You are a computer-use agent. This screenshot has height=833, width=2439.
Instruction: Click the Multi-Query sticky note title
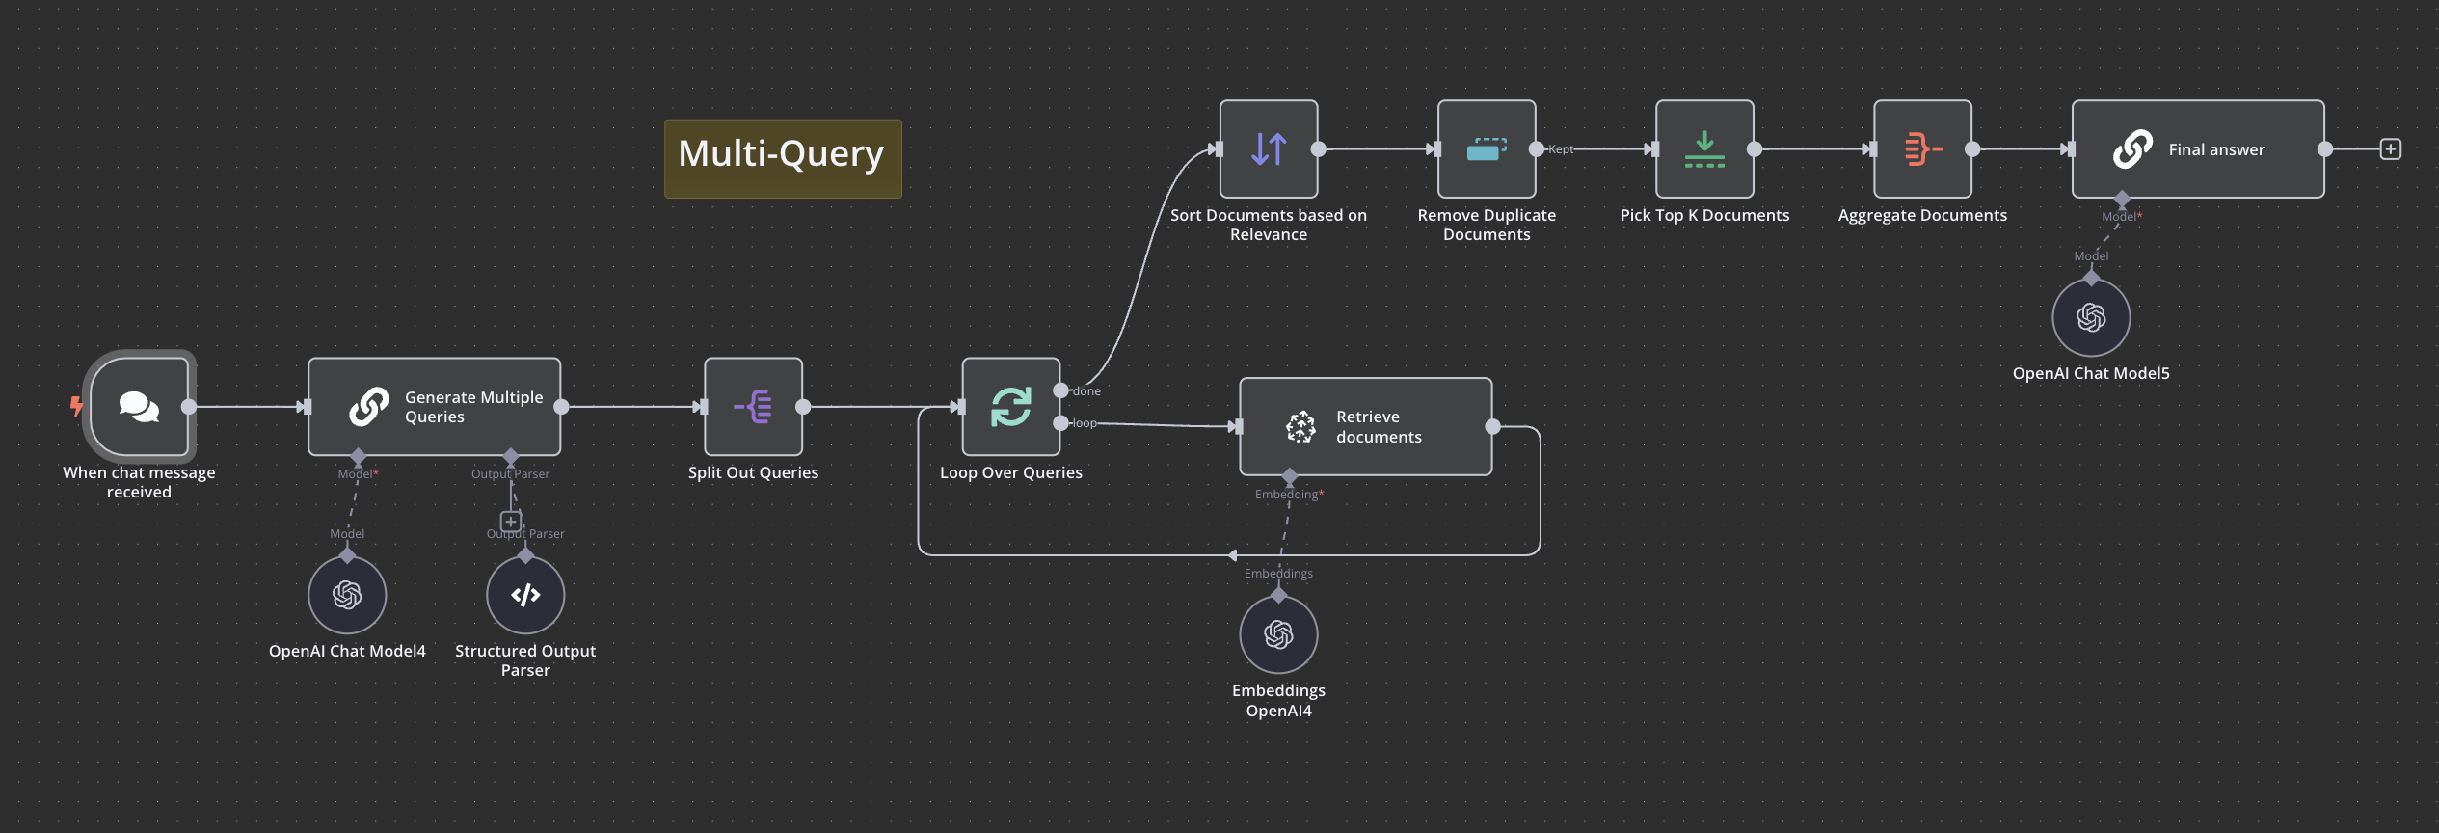click(781, 154)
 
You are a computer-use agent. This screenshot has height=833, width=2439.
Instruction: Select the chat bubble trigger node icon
click(140, 406)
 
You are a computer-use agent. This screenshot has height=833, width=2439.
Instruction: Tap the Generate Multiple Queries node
click(434, 407)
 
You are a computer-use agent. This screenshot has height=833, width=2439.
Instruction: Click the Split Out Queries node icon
click(753, 406)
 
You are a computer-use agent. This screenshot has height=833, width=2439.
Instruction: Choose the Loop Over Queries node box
click(1010, 406)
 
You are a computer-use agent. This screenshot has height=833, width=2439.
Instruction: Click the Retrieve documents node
click(1365, 426)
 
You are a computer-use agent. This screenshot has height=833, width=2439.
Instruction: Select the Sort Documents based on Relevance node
click(1268, 149)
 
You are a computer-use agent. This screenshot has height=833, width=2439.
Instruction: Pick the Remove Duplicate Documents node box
click(1486, 149)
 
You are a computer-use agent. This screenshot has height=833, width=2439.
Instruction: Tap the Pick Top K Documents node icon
click(1703, 149)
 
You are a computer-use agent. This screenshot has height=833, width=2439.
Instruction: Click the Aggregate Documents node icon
click(1921, 149)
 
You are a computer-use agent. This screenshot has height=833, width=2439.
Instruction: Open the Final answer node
click(2197, 149)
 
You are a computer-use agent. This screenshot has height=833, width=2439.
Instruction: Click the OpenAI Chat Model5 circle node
click(2090, 317)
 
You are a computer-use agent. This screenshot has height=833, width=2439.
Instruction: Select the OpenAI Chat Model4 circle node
click(347, 595)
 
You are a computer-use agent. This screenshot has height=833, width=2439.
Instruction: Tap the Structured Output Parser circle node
click(525, 595)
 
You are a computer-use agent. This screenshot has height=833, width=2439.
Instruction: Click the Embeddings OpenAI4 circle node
click(1278, 634)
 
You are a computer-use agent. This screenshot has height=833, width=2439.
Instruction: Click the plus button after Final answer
click(2390, 149)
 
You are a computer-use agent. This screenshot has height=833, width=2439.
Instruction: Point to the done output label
click(1086, 391)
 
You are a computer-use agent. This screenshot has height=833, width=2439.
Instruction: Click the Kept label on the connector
click(1561, 149)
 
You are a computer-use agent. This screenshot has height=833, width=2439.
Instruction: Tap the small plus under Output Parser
click(511, 522)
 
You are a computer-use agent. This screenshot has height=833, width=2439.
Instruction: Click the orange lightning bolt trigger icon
click(76, 406)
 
